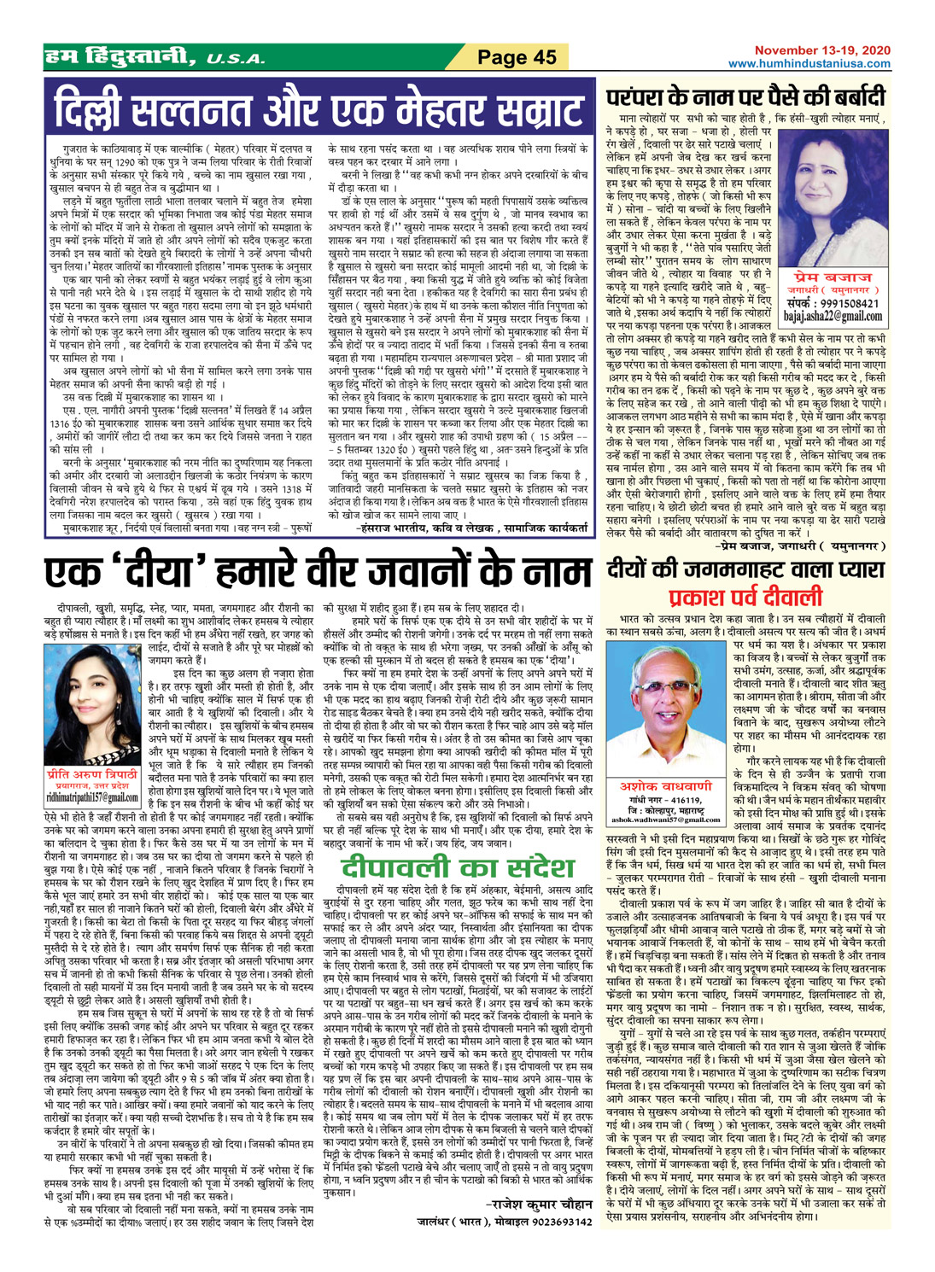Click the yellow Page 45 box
click(516, 57)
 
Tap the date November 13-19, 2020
click(821, 51)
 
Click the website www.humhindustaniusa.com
click(809, 64)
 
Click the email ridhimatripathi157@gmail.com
click(92, 797)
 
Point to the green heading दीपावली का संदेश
click(452, 867)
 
